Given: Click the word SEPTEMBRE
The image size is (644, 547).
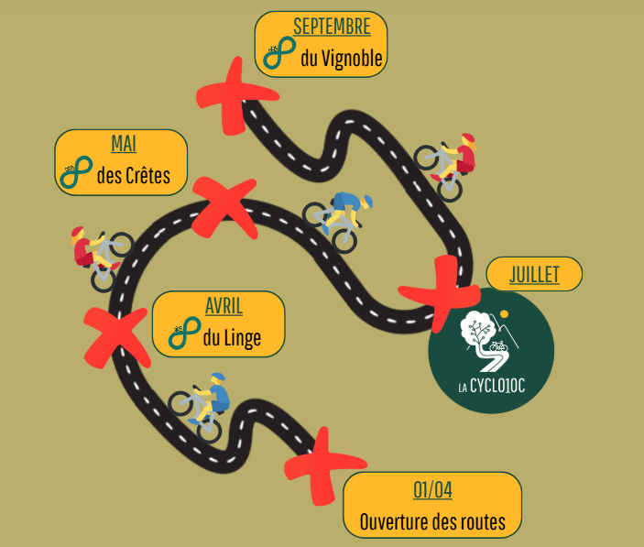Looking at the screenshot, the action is pyautogui.click(x=325, y=27).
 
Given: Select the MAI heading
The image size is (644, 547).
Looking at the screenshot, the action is pyautogui.click(x=123, y=144).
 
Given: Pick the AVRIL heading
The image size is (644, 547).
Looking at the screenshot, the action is pyautogui.click(x=224, y=307).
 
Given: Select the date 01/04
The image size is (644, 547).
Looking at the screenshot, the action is pyautogui.click(x=432, y=490).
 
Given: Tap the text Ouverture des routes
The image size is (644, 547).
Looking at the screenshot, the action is pyautogui.click(x=432, y=522).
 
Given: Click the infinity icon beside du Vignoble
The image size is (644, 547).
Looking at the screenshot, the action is pyautogui.click(x=278, y=57).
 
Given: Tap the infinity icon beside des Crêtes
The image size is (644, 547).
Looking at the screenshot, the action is pyautogui.click(x=75, y=173).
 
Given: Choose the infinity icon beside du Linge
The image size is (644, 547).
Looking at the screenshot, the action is pyautogui.click(x=183, y=336).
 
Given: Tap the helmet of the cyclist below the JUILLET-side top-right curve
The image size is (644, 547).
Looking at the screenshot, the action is pyautogui.click(x=468, y=140).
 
